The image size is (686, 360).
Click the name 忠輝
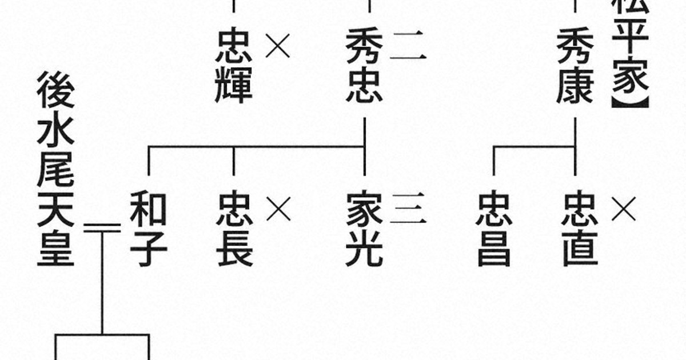pyautogui.click(x=234, y=65)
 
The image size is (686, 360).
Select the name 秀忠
pyautogui.click(x=364, y=65)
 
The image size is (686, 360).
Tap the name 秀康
pyautogui.click(x=575, y=66)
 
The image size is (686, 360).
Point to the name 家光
pyautogui.click(x=365, y=228)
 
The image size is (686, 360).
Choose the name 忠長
pyautogui.click(x=234, y=228)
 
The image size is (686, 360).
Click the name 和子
pyautogui.click(x=149, y=228)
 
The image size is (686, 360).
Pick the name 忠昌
pyautogui.click(x=494, y=228)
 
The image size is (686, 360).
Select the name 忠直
pyautogui.click(x=580, y=228)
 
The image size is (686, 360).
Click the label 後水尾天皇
pyautogui.click(x=55, y=169)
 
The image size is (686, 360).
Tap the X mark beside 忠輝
pyautogui.click(x=277, y=46)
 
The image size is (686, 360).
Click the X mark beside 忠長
pyautogui.click(x=278, y=209)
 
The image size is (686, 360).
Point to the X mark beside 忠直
pyautogui.click(x=624, y=209)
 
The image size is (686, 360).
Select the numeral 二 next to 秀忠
pyautogui.click(x=408, y=45)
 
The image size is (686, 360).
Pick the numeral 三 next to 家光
pyautogui.click(x=408, y=208)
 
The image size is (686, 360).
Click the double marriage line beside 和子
pyautogui.click(x=102, y=228)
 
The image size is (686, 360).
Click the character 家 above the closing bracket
pyautogui.click(x=630, y=75)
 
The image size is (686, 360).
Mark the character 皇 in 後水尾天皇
pyautogui.click(x=55, y=247)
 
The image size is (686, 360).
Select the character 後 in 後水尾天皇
pyautogui.click(x=55, y=90)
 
